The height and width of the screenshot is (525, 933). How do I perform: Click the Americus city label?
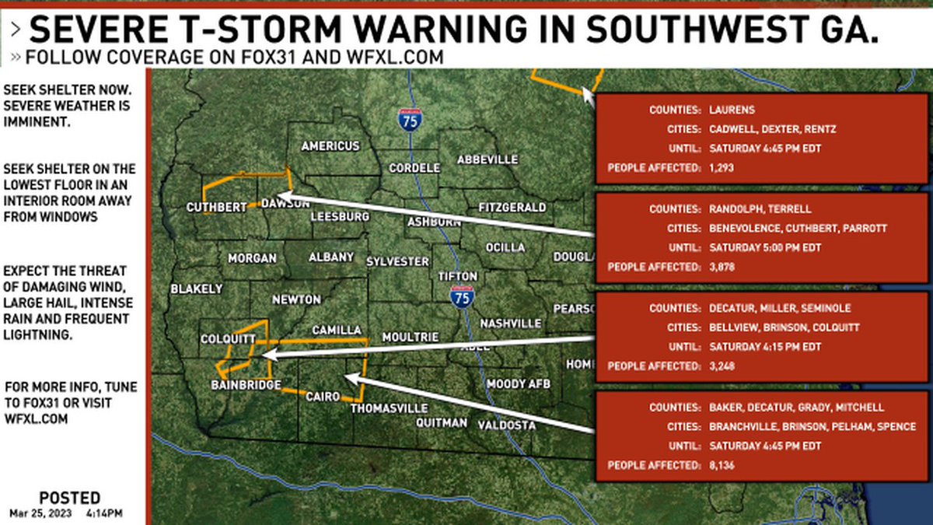point(330,146)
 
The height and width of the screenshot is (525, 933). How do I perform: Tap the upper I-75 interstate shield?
point(409,119)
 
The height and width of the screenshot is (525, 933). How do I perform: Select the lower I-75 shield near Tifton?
point(462,296)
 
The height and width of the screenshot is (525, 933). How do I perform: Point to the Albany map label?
point(331,257)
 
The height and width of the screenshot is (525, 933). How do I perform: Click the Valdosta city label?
point(506,425)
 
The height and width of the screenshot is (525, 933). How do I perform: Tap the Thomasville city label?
point(389,408)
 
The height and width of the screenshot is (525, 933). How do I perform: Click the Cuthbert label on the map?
point(216,207)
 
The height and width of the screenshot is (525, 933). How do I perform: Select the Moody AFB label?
point(519,384)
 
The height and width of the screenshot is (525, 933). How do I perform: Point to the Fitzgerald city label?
point(512,208)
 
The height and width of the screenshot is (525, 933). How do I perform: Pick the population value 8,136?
point(722,465)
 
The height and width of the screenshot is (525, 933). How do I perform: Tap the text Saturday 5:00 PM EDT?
point(766,247)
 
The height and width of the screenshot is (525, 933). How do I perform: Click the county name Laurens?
point(732,110)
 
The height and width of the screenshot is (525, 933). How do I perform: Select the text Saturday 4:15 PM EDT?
point(765,347)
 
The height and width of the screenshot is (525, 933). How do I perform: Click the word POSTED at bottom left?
point(69,498)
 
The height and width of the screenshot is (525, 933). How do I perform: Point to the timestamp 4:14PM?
point(103,513)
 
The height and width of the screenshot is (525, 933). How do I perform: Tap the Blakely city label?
point(197,289)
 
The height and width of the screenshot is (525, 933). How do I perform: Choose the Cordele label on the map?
point(414,168)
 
